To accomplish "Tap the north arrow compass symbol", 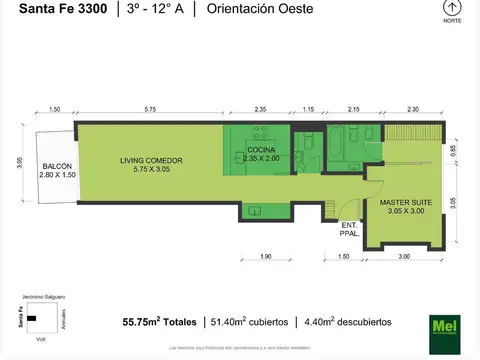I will [451, 8].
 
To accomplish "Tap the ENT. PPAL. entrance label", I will [349, 230].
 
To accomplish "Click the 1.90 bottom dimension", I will [265, 257].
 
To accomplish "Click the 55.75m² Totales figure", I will [160, 322].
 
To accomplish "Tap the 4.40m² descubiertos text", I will [346, 322].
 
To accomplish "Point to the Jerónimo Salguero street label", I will [38, 297].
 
